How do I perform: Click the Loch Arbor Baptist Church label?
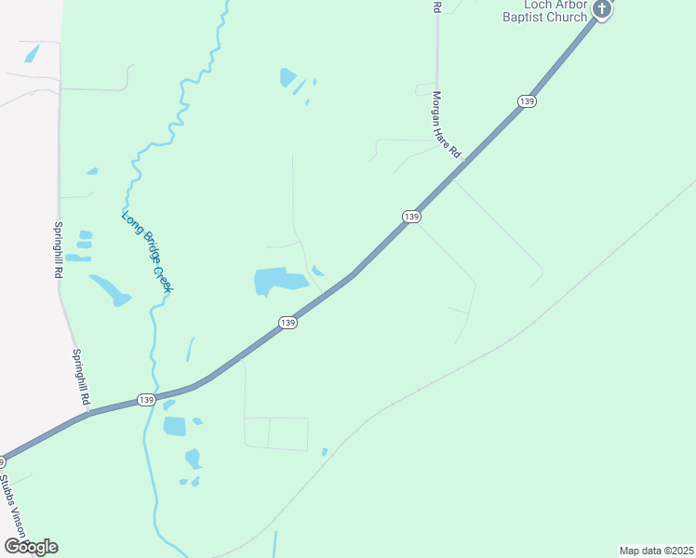point(544,11)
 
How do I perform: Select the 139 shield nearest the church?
point(528,100)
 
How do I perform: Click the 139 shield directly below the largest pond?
point(288,323)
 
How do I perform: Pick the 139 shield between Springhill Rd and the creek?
point(145,399)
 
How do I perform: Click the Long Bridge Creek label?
point(147,252)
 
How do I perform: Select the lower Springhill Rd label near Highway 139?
point(81,377)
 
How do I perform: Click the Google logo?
point(31,547)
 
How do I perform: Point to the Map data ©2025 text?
point(655,551)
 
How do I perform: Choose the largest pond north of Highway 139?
point(279,280)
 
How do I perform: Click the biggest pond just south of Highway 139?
point(175,427)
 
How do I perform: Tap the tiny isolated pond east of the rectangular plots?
point(325,452)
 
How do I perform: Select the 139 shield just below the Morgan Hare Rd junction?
point(412,216)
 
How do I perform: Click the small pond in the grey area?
point(30,54)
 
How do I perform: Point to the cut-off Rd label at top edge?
point(436,7)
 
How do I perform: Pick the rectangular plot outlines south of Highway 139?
point(275,433)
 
